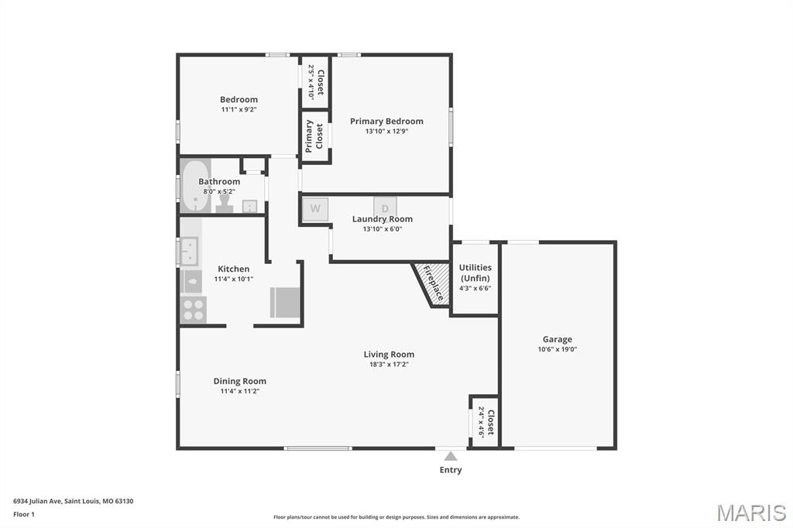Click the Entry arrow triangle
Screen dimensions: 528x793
pyautogui.click(x=451, y=456)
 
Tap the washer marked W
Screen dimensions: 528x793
pyautogui.click(x=315, y=209)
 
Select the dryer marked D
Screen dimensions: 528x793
pyautogui.click(x=385, y=208)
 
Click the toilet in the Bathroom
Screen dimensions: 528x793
pyautogui.click(x=225, y=203)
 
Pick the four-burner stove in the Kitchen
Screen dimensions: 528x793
pyautogui.click(x=192, y=310)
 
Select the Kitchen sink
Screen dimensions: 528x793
pyautogui.click(x=189, y=252)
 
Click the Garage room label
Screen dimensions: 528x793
pyautogui.click(x=557, y=339)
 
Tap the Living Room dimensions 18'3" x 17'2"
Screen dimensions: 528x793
pyautogui.click(x=389, y=365)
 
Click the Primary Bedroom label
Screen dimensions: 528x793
pyautogui.click(x=386, y=121)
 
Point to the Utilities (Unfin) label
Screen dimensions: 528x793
pyautogui.click(x=475, y=273)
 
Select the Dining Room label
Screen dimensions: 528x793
pyautogui.click(x=240, y=381)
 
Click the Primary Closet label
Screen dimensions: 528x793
pyautogui.click(x=314, y=136)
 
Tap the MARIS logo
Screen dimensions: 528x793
pyautogui.click(x=751, y=513)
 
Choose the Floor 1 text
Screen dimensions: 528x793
pyautogui.click(x=24, y=514)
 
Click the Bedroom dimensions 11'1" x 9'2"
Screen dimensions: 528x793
pyautogui.click(x=239, y=109)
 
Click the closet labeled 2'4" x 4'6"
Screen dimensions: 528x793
pyautogui.click(x=485, y=422)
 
